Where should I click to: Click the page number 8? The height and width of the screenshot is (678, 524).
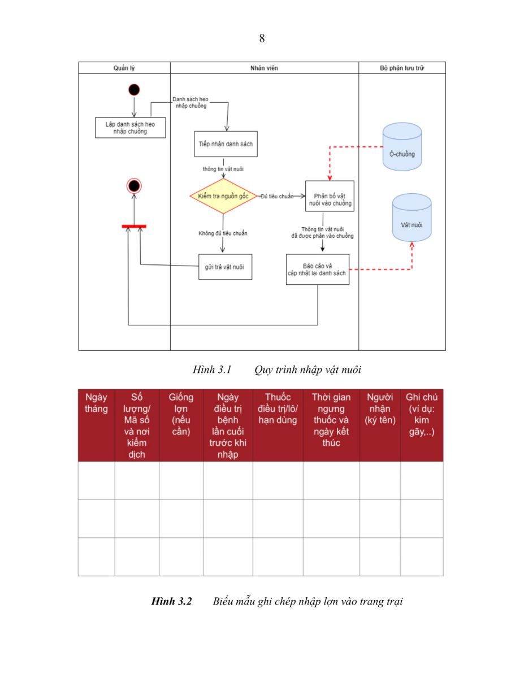pos(262,38)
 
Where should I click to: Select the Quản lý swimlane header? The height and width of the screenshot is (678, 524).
pos(124,68)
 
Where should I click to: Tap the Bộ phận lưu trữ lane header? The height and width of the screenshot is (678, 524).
pos(402,68)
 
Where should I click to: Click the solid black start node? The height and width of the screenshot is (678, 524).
pos(134,90)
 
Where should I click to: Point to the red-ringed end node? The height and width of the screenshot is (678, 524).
pos(134,186)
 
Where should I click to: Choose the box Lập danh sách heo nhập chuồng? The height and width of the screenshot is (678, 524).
pos(130,128)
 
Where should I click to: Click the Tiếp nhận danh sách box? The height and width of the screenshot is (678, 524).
pos(226,144)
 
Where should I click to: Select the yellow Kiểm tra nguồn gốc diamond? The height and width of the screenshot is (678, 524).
pos(223,196)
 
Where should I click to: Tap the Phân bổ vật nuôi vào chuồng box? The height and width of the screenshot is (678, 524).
pos(330,196)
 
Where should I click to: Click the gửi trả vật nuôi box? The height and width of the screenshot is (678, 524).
pos(226,267)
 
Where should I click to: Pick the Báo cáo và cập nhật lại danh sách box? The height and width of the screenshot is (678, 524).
pos(318,270)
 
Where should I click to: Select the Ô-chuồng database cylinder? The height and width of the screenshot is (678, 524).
pos(402,147)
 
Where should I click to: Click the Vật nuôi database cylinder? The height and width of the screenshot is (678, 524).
pos(412,218)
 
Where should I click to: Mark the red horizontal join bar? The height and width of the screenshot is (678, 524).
pos(134,227)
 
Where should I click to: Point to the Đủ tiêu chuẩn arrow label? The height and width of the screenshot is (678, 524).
pos(277,196)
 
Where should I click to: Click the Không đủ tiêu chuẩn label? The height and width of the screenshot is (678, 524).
pos(223,233)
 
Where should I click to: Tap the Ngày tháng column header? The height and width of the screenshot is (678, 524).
pos(96,403)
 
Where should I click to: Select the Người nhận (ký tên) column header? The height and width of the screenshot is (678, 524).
pos(380,408)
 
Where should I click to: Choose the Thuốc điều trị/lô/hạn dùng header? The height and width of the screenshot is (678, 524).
pos(278,408)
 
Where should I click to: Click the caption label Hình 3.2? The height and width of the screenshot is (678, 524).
pos(171,601)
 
